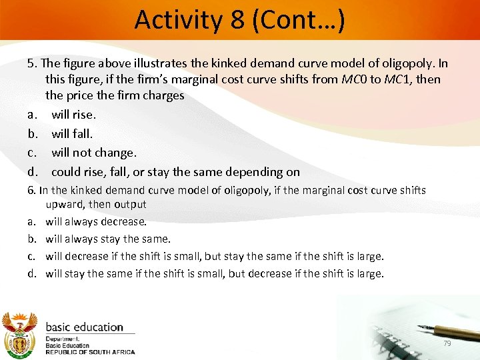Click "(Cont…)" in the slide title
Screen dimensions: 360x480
pos(297,20)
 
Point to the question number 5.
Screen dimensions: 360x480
pos(31,64)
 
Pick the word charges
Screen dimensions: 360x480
pos(162,95)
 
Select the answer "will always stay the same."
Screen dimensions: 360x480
pos(108,239)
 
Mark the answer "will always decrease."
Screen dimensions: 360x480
pos(96,221)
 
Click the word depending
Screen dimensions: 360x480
pos(259,172)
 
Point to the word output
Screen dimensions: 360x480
pos(130,204)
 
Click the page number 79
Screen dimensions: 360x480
pos(447,343)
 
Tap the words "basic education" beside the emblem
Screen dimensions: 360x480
pos(84,327)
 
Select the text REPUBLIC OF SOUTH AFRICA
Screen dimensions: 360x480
pos(90,351)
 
